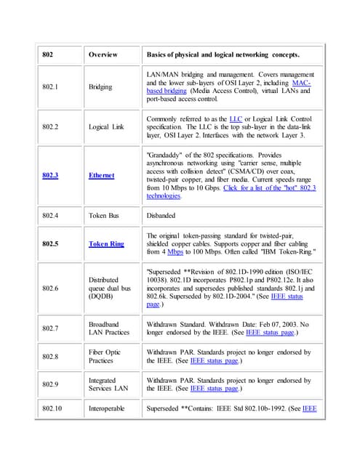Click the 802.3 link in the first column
50,175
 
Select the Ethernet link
101,175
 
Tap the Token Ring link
106,244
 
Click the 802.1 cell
50,87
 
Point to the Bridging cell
100,87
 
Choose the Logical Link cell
106,126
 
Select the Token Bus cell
105,214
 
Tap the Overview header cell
103,54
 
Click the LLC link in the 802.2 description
236,118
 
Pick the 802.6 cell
50,288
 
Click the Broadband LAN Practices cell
108,328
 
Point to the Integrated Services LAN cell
108,384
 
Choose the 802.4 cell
50,214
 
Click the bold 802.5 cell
50,244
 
